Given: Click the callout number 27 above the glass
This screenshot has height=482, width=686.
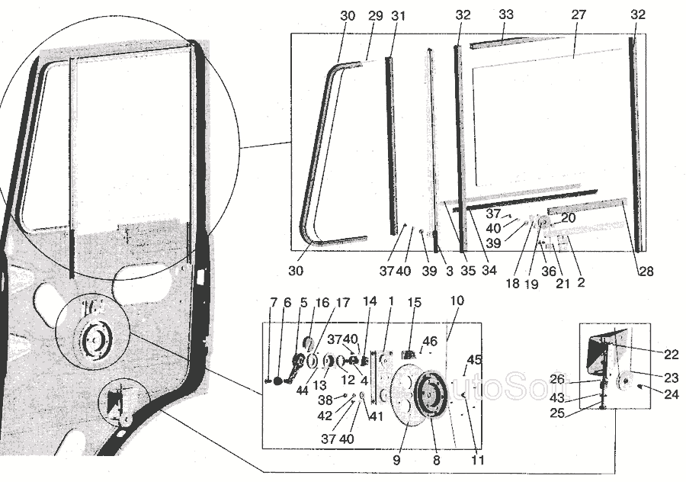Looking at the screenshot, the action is [579, 15].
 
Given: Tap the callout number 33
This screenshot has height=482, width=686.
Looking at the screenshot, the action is [506, 14].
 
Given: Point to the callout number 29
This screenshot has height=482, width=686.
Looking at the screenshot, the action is [375, 16].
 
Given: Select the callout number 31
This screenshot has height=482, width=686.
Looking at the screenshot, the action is [398, 16].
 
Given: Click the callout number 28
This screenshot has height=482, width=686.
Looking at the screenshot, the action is [646, 272].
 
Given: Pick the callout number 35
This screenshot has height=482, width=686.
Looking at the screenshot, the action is [468, 271].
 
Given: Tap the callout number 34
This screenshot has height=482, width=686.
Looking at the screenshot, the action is [489, 271].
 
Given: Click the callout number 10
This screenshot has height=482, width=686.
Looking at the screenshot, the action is [457, 300].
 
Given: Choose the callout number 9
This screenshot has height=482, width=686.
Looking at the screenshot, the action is [396, 461].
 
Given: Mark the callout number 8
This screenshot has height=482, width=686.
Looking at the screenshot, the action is [436, 461].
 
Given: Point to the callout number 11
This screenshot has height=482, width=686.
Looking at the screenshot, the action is [477, 460].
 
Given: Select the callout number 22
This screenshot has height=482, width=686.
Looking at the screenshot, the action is [671, 355].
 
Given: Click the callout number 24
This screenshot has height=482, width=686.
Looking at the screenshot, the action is [671, 395].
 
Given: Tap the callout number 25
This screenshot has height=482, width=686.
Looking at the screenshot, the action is [557, 413].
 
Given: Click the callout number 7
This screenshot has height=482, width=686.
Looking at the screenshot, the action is [274, 303].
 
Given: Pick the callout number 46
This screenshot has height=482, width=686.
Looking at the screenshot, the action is [430, 341].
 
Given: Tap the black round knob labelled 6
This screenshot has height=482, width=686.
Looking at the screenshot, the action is [278, 381].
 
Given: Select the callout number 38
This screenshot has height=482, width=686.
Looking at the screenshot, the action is [325, 400].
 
